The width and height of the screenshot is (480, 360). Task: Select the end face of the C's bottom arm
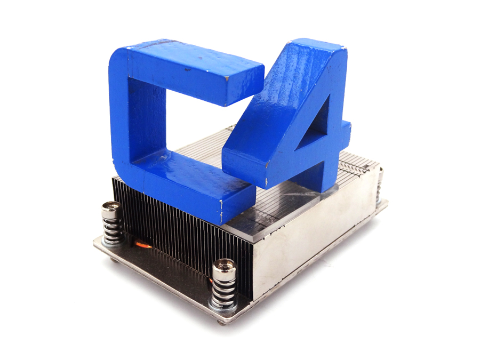pyautogui.click(x=235, y=203)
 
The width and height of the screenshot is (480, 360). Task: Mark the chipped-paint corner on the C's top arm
pyautogui.click(x=226, y=78)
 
